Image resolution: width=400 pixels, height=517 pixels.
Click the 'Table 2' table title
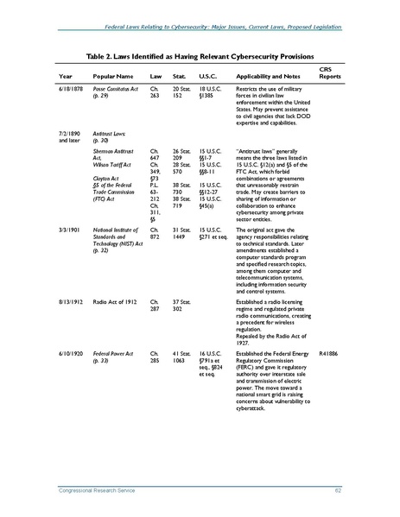click(x=200, y=54)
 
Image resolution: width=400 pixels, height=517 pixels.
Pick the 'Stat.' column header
click(x=180, y=76)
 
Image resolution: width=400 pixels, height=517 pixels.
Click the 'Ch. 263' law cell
click(x=156, y=92)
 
